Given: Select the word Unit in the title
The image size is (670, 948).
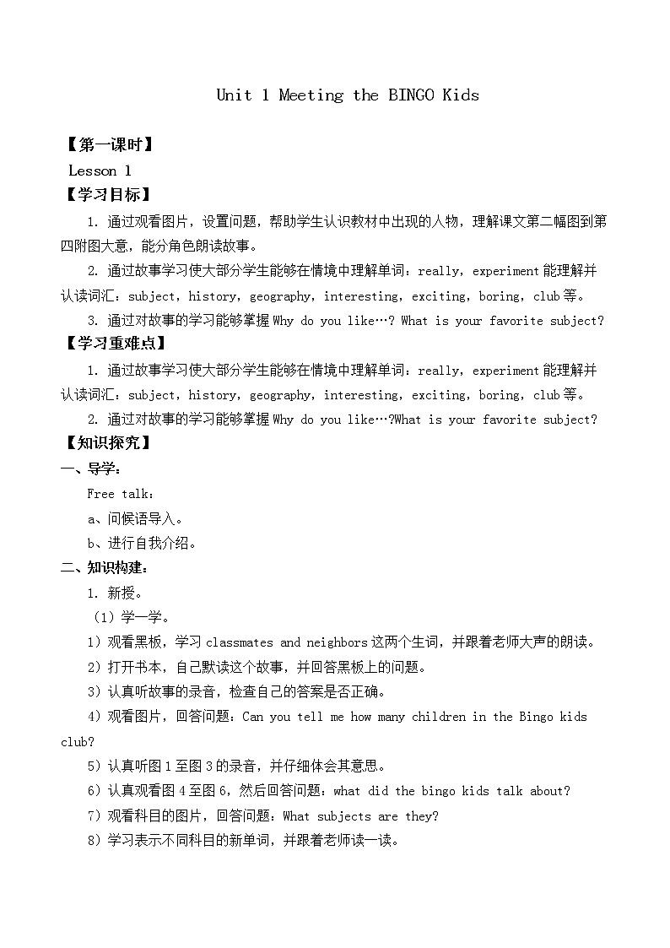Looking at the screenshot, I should pyautogui.click(x=234, y=95).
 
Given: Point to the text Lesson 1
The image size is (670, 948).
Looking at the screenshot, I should pyautogui.click(x=100, y=171).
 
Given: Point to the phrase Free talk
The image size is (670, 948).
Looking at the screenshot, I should pyautogui.click(x=121, y=494).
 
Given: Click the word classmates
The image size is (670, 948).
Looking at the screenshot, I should pyautogui.click(x=240, y=642).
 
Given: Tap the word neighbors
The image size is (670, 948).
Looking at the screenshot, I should pyautogui.click(x=326, y=642).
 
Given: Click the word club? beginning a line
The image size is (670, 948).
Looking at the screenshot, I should pyautogui.click(x=78, y=742).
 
